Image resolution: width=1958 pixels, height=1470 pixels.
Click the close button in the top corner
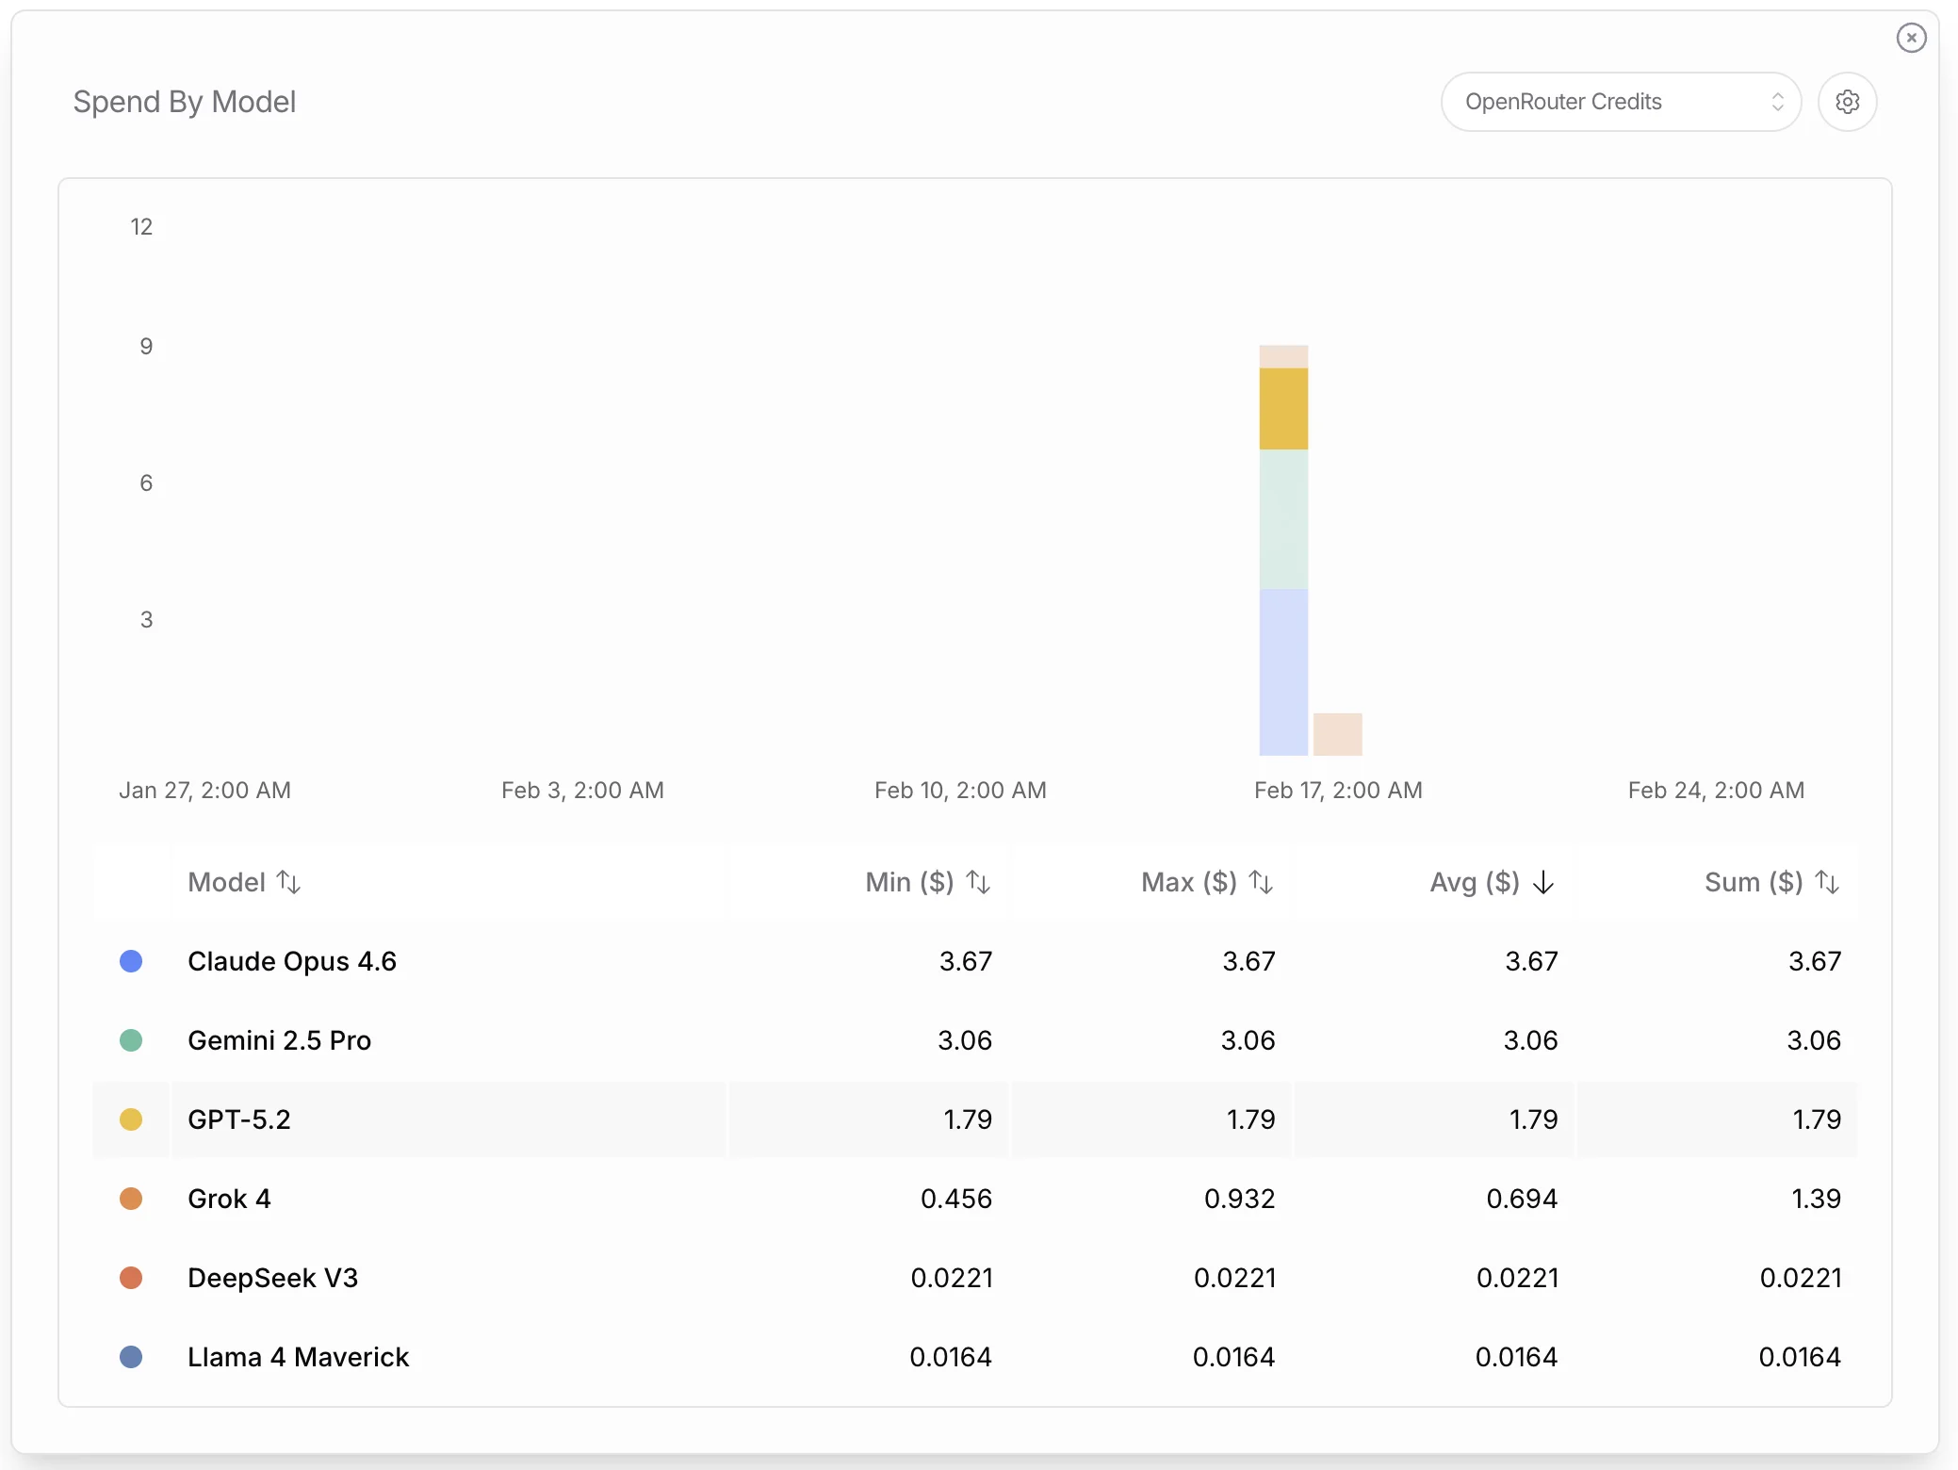(x=1911, y=38)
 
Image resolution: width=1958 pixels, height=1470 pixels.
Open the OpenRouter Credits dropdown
(x=1621, y=102)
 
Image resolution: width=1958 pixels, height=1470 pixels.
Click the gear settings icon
(x=1847, y=102)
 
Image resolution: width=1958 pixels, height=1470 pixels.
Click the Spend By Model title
(x=185, y=102)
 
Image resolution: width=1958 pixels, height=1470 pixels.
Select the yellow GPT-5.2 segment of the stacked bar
(x=1283, y=409)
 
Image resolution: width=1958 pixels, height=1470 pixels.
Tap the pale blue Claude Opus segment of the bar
(x=1283, y=672)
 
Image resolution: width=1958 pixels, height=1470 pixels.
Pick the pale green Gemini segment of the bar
(x=1283, y=519)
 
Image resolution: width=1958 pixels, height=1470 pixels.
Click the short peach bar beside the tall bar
(x=1338, y=734)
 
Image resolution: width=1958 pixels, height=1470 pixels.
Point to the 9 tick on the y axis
(x=146, y=347)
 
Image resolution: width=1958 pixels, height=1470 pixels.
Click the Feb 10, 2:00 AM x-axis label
(x=960, y=791)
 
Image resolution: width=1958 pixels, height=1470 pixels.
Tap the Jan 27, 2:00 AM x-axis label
(x=204, y=791)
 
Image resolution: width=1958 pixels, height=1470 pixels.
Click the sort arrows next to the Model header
(x=289, y=882)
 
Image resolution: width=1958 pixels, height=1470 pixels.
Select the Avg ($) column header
(x=1475, y=882)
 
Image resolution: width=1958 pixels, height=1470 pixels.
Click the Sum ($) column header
(x=1754, y=882)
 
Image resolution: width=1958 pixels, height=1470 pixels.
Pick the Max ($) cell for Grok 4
(x=1239, y=1199)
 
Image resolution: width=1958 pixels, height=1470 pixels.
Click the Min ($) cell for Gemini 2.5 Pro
(x=965, y=1040)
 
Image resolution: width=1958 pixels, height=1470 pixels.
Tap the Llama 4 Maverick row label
(x=298, y=1357)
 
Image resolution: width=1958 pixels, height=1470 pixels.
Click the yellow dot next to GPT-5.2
(x=131, y=1119)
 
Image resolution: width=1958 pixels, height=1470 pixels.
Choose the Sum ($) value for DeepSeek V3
(x=1801, y=1278)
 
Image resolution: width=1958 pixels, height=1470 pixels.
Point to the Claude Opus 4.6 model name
(x=292, y=961)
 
